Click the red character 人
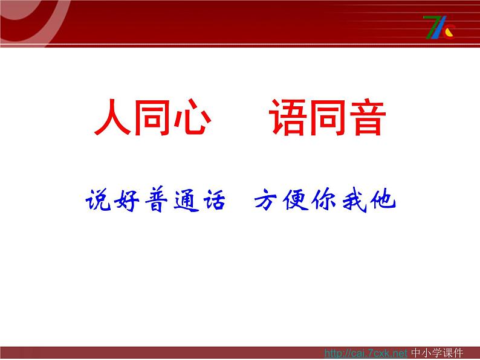pyautogui.click(x=112, y=118)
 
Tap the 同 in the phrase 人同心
pyautogui.click(x=152, y=118)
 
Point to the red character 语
pyautogui.click(x=288, y=117)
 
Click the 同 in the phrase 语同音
pyautogui.click(x=328, y=118)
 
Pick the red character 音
pyautogui.click(x=368, y=118)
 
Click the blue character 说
pyautogui.click(x=99, y=199)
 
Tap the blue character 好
pyautogui.click(x=126, y=200)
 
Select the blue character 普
pyautogui.click(x=156, y=199)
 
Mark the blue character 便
pyautogui.click(x=296, y=199)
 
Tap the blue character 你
pyautogui.click(x=325, y=199)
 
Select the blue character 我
pyautogui.click(x=354, y=200)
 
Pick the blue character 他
pyautogui.click(x=383, y=199)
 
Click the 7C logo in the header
pyautogui.click(x=439, y=28)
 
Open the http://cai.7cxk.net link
pyautogui.click(x=366, y=353)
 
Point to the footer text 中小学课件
pyautogui.click(x=437, y=353)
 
